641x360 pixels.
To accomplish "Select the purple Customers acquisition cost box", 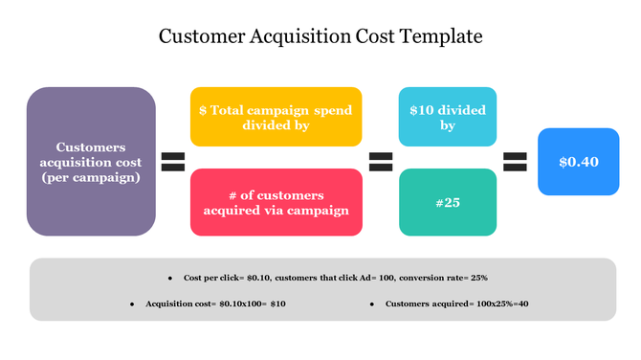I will pyautogui.click(x=91, y=162).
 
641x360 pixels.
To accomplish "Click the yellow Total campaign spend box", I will pyautogui.click(x=276, y=117).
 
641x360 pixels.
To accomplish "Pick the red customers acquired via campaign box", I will pyautogui.click(x=276, y=202).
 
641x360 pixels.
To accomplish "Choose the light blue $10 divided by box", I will pyautogui.click(x=447, y=117).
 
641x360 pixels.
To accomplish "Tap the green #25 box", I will pyautogui.click(x=447, y=202).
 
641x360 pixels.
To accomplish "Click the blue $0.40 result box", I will pyautogui.click(x=578, y=162).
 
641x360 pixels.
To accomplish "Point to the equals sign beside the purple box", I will pyautogui.click(x=173, y=161).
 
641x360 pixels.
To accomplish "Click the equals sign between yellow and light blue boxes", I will pyautogui.click(x=381, y=161).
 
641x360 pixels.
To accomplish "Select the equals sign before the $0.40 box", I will pyautogui.click(x=515, y=161).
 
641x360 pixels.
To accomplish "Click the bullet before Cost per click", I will pyautogui.click(x=170, y=278).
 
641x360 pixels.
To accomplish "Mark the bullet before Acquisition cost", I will pyautogui.click(x=132, y=304).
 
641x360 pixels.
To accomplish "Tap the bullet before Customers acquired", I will pyautogui.click(x=371, y=304).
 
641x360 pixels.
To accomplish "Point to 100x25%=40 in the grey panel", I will pyautogui.click(x=497, y=304).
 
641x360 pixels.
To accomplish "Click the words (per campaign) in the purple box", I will pyautogui.click(x=91, y=177).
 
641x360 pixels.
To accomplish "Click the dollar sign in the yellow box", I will pyautogui.click(x=203, y=110).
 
